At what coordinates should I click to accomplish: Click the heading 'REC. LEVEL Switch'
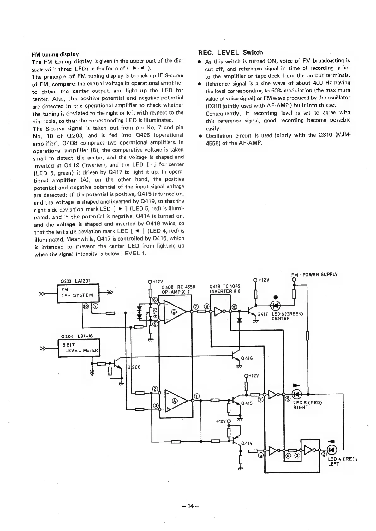pyautogui.click(x=230, y=52)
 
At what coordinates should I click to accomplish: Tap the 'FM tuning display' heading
pyautogui.click(x=55, y=54)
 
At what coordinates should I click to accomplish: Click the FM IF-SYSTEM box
pyautogui.click(x=78, y=293)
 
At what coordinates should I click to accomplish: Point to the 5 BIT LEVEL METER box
pyautogui.click(x=79, y=348)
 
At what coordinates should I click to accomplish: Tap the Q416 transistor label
pyautogui.click(x=247, y=358)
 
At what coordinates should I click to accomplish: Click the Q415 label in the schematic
pyautogui.click(x=247, y=403)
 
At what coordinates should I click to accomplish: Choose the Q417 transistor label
pyautogui.click(x=263, y=314)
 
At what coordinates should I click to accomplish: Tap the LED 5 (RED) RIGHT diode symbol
pyautogui.click(x=297, y=394)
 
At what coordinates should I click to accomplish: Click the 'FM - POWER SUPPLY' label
pyautogui.click(x=314, y=274)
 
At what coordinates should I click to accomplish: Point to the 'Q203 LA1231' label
pyautogui.click(x=75, y=281)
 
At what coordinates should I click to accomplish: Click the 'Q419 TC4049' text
pyautogui.click(x=225, y=287)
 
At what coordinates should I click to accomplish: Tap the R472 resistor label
pyautogui.click(x=155, y=312)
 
